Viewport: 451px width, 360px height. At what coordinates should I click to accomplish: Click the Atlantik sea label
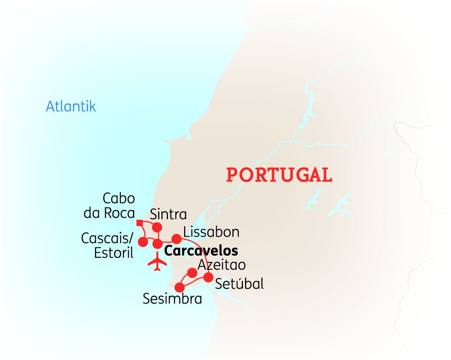pos(71,106)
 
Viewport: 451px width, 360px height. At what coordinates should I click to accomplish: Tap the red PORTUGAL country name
pos(279,175)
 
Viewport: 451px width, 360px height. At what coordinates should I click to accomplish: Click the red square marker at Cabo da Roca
pos(139,223)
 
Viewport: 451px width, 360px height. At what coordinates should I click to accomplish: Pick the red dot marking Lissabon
pos(176,239)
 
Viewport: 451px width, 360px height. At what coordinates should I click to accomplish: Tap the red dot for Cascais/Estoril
pos(143,242)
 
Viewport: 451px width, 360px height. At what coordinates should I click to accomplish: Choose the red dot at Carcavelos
pos(157,244)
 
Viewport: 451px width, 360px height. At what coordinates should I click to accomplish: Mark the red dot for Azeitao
pos(192,273)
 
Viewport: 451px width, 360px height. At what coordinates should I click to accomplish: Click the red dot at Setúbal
pos(208,277)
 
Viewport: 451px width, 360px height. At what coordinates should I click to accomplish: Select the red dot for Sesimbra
pos(179,287)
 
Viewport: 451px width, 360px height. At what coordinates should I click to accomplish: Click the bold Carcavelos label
pos(201,251)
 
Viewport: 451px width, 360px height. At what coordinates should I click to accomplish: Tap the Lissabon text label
pos(211,232)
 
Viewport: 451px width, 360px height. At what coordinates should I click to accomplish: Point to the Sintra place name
pos(168,214)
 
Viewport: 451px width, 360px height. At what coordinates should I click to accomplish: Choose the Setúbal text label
pos(239,283)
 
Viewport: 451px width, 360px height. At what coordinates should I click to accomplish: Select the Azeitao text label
pos(221,264)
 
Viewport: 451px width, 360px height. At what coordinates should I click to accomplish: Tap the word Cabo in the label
pos(119,199)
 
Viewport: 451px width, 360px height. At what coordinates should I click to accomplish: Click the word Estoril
pos(114,253)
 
